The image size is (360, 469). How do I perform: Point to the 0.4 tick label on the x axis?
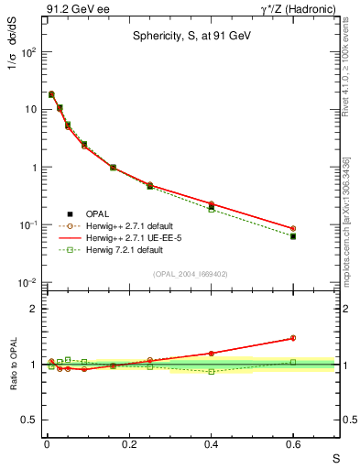coord(211,446)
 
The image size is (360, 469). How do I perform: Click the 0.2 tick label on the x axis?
coord(128,446)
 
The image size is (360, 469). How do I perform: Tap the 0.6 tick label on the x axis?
coord(293,446)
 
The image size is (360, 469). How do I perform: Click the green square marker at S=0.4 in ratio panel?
coord(211,371)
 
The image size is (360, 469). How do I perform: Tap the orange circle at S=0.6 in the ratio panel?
coord(293,338)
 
